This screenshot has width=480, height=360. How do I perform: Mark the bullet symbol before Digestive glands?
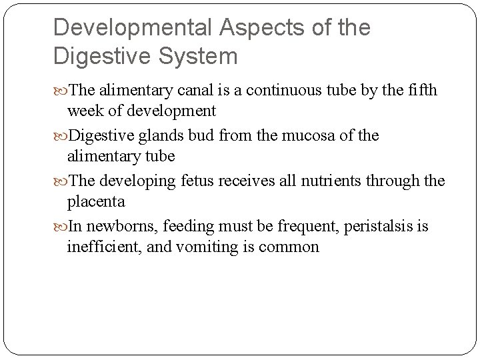coord(61,137)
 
